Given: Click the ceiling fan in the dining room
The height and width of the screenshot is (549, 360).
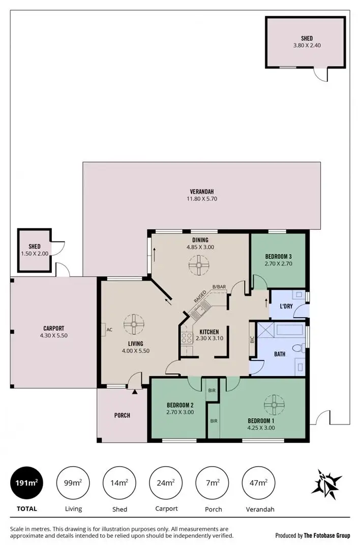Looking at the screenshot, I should point(196,264).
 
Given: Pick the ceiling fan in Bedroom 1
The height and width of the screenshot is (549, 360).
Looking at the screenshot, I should point(274,405).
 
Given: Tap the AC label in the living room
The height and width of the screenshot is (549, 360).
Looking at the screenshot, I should point(109,329).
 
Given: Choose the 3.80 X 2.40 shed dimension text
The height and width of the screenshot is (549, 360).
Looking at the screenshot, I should point(307,45).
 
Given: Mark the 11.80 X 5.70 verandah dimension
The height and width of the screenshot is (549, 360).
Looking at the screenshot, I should point(201,199).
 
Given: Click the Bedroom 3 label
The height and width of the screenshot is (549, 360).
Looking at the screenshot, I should point(278,256).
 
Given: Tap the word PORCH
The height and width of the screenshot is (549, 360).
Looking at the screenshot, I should point(122,415).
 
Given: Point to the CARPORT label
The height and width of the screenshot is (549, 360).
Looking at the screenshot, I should point(53,328).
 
